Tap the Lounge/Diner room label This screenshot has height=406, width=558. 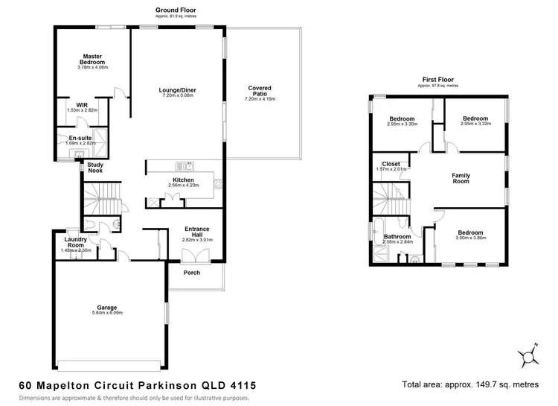point(177,90)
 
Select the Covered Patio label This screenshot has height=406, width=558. point(260,91)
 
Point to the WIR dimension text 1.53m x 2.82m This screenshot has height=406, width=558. point(82,110)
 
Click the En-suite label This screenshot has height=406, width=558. point(80,138)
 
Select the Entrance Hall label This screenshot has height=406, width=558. point(197,231)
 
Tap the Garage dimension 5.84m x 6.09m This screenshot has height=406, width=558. point(107,311)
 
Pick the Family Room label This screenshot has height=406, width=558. point(461,179)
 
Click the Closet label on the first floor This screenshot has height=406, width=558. point(391,164)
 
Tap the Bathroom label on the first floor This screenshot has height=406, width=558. point(397,236)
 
